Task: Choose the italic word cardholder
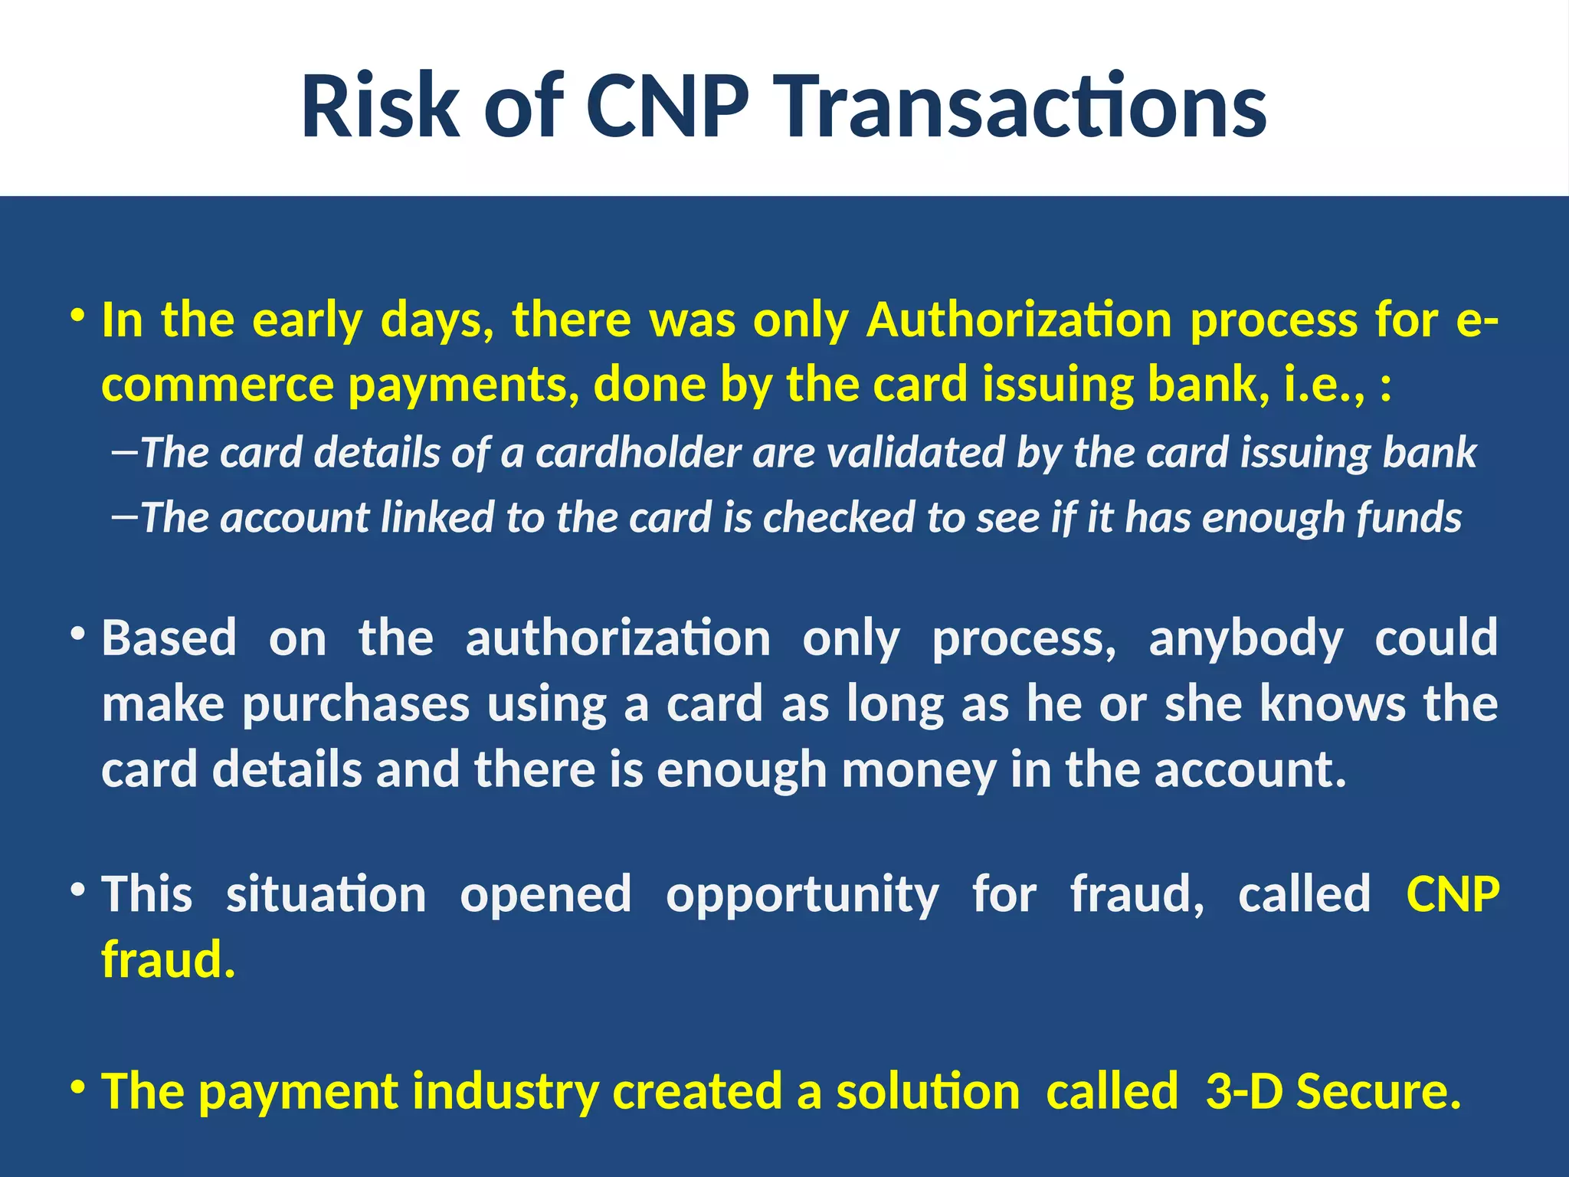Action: (638, 452)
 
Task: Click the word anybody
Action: (1246, 638)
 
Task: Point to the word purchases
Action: (355, 704)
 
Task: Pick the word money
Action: (919, 770)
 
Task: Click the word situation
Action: (326, 894)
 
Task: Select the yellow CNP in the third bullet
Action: (1453, 894)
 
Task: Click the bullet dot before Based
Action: (77, 634)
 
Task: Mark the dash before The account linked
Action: (124, 516)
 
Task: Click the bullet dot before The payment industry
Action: (77, 1087)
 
